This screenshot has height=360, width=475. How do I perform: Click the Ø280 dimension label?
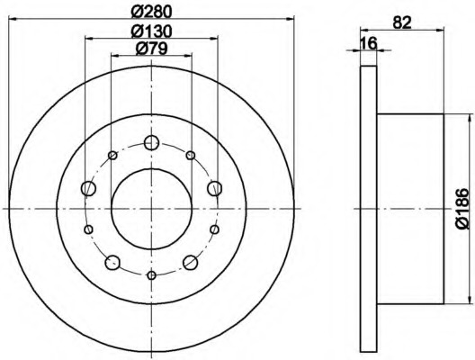point(151,12)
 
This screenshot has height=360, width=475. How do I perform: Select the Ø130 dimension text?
point(151,31)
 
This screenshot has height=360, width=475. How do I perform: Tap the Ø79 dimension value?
point(151,49)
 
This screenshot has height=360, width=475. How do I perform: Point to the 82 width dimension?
point(402,22)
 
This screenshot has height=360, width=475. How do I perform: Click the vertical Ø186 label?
point(462,209)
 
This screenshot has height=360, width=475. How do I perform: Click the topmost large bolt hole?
point(151,142)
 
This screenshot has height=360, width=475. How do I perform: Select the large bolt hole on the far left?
point(88,188)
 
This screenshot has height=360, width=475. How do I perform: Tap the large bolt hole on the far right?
point(214,188)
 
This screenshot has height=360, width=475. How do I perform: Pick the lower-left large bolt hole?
point(112,263)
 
